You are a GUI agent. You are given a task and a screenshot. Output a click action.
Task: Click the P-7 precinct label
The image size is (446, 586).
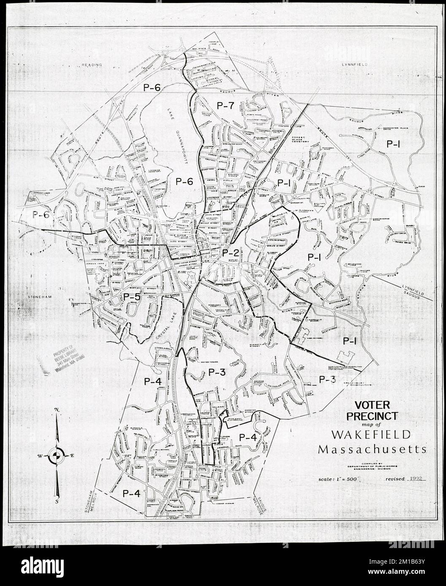(225, 106)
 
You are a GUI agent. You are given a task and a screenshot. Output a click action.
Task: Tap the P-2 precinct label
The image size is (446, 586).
(230, 253)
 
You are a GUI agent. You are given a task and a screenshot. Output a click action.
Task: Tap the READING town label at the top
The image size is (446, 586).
(92, 65)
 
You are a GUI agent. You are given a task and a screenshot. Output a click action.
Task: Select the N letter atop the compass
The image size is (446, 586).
(56, 411)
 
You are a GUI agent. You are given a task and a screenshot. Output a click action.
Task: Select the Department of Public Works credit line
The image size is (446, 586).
(370, 465)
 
